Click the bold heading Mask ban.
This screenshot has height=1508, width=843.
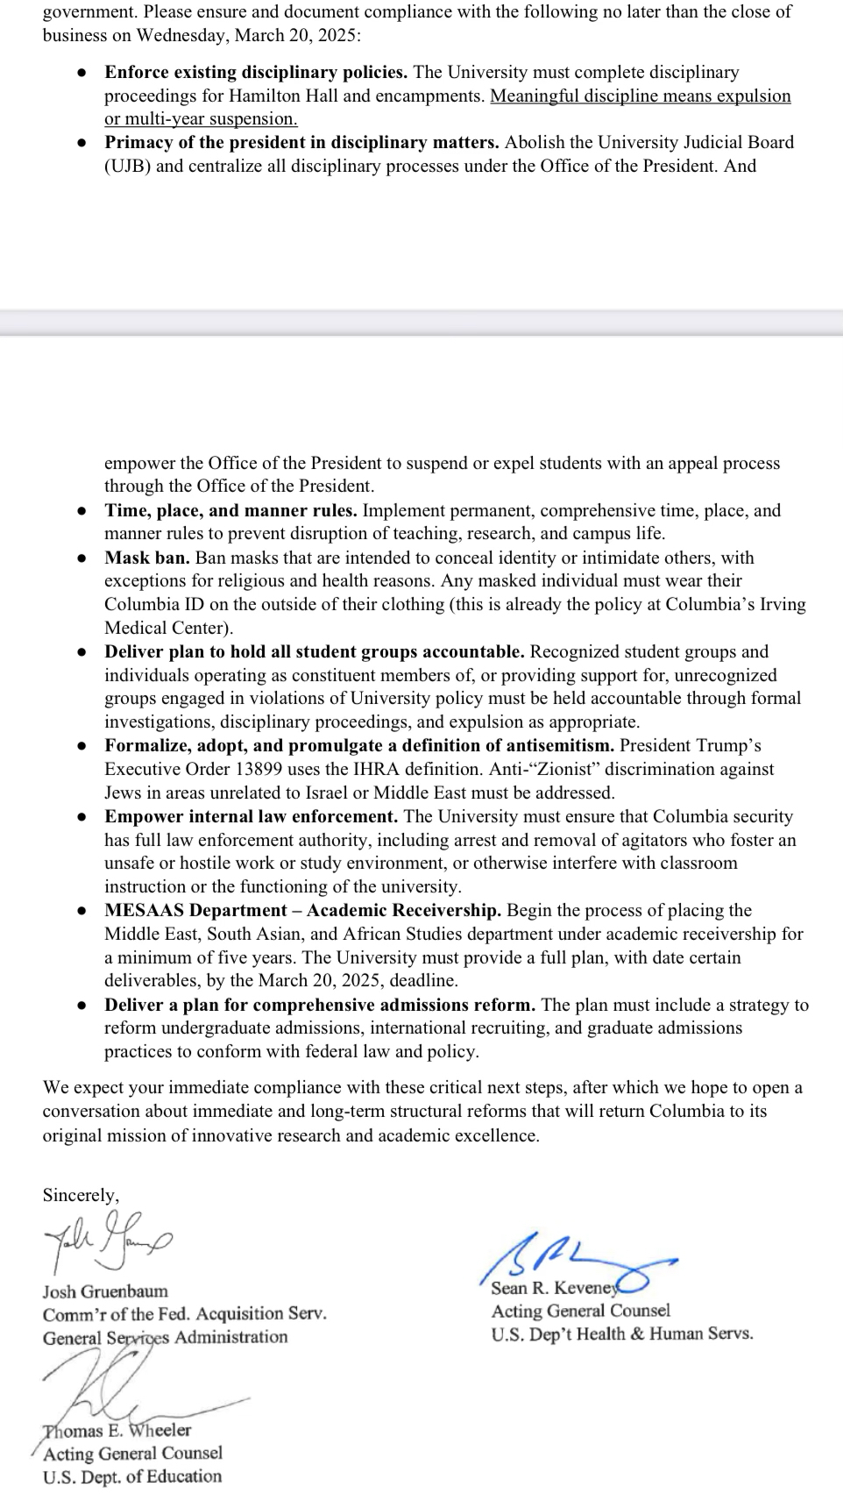147,558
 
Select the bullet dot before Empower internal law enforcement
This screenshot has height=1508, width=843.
81,817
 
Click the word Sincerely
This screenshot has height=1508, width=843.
81,1195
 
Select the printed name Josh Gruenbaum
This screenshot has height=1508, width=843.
105,1291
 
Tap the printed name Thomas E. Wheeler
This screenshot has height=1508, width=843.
117,1430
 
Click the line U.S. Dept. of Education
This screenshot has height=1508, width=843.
132,1476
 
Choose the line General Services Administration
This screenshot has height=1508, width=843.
165,1337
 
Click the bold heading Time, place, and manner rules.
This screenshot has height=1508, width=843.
230,510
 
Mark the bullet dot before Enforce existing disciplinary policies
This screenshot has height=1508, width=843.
81,73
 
